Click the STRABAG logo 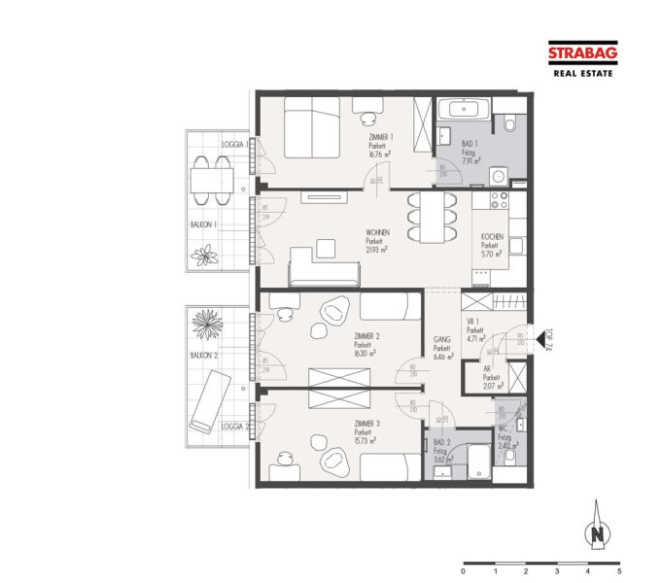tap(580, 55)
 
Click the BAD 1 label tap(470, 141)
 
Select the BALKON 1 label tap(203, 223)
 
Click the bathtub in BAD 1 tap(463, 109)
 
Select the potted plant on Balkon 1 tap(206, 256)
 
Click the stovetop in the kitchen tap(500, 202)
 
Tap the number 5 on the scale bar tap(618, 573)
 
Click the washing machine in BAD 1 tap(499, 176)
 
